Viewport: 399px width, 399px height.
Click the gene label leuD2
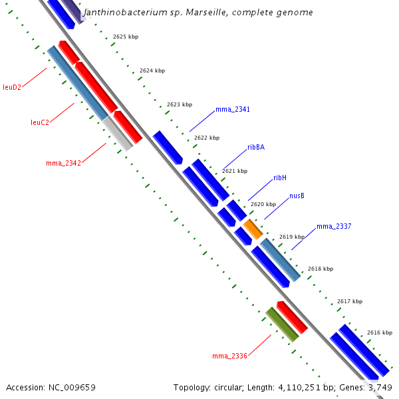point(12,87)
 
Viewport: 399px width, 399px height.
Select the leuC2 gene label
point(40,122)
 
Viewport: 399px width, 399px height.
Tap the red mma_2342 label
point(63,163)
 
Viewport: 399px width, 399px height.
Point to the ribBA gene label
point(256,148)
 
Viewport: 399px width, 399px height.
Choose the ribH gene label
point(280,178)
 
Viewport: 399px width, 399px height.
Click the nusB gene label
point(297,196)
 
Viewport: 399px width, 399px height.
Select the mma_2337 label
point(334,227)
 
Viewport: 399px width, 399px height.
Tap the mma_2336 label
point(229,356)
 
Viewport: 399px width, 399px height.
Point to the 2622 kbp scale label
point(206,138)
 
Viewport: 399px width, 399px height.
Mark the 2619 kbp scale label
point(291,237)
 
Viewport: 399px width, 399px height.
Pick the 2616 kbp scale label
point(380,332)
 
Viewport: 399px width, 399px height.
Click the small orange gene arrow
point(253,229)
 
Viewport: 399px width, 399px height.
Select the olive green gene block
point(282,325)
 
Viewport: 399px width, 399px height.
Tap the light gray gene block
point(118,134)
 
